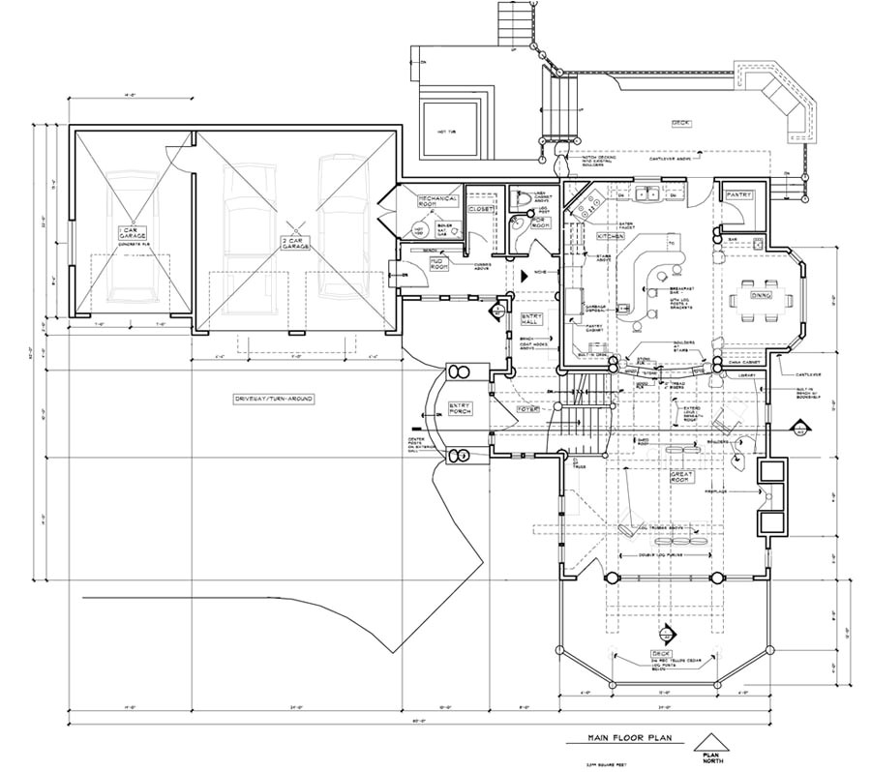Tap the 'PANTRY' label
coord(739,194)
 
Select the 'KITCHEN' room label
coord(610,236)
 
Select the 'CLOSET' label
coord(480,208)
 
